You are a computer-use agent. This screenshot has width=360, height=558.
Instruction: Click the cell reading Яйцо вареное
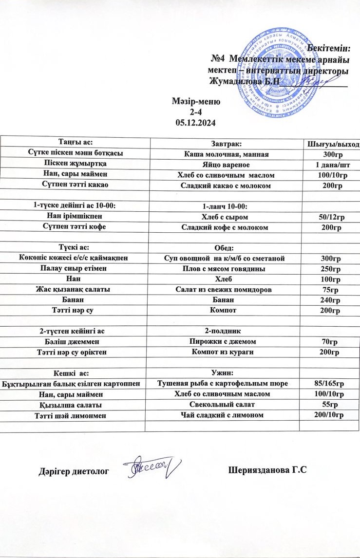coord(227,165)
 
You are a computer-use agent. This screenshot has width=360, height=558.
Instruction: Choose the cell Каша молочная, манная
coord(227,154)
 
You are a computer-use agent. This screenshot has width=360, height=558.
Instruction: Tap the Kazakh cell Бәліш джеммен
coord(74,341)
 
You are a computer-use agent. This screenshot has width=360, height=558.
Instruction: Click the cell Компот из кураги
coord(227,352)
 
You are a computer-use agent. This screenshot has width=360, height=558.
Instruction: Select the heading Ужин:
coord(227,373)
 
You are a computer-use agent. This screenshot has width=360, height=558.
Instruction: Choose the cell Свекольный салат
coord(227,404)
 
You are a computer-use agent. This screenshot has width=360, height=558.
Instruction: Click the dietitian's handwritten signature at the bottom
coord(151,466)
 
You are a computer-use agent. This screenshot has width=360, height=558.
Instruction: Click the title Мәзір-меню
coord(197,102)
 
